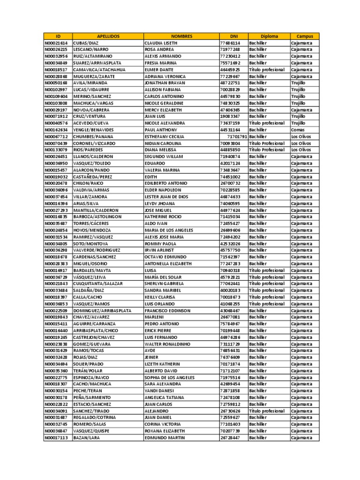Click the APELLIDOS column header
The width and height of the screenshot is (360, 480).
pyautogui.click(x=108, y=36)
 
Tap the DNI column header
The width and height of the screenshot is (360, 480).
pyautogui.click(x=233, y=36)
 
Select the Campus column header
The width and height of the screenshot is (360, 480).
pyautogui.click(x=304, y=36)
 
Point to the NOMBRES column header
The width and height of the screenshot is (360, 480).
pyautogui.click(x=181, y=36)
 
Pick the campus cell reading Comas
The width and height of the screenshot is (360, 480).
pyautogui.click(x=297, y=130)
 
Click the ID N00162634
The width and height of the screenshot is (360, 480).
pyautogui.click(x=56, y=130)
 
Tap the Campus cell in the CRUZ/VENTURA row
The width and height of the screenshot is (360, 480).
pyautogui.click(x=298, y=116)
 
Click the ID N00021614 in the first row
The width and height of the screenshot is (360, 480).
pyautogui.click(x=56, y=43)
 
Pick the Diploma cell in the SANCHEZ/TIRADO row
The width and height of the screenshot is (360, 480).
pyautogui.click(x=267, y=411)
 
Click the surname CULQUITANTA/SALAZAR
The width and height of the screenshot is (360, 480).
pyautogui.click(x=98, y=284)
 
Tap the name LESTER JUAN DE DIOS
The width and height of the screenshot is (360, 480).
pyautogui.click(x=166, y=197)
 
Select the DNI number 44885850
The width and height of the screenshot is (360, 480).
pyautogui.click(x=230, y=150)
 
